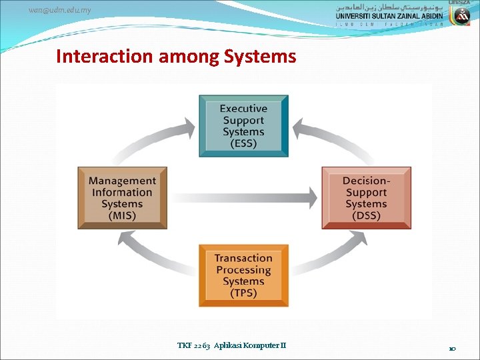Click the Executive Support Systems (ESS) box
pos(243,126)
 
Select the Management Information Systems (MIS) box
pos(122,198)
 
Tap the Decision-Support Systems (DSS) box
pos(366,198)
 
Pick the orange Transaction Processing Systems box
pos(243,275)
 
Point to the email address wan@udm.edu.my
pos(60,10)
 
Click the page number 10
pos(452,348)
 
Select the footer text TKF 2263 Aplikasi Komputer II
pos(231,345)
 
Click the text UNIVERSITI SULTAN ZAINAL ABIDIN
pos(391,16)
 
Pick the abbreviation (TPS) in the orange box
pos(243,293)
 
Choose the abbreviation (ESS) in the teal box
pos(243,144)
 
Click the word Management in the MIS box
pos(122,181)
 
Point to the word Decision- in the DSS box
pos(366,181)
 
